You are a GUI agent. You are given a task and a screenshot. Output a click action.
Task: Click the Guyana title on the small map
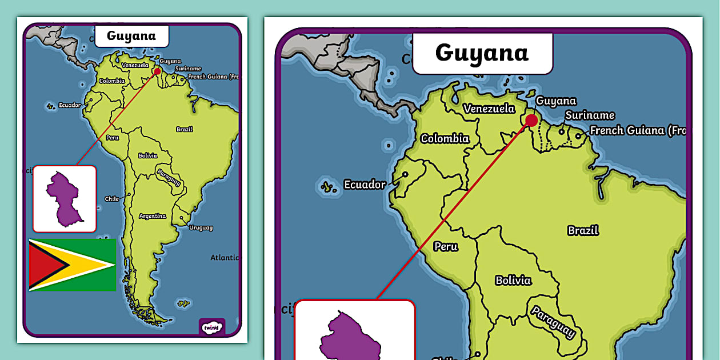pyautogui.click(x=131, y=36)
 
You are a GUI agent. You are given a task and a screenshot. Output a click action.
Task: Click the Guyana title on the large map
pyautogui.click(x=482, y=53)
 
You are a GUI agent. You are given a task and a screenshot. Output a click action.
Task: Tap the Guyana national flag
pyautogui.click(x=73, y=265)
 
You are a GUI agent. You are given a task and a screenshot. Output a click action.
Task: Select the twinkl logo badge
pyautogui.click(x=211, y=327)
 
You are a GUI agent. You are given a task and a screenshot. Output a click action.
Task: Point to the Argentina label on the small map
pyautogui.click(x=153, y=216)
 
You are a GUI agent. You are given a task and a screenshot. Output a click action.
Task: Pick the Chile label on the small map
pyautogui.click(x=112, y=199)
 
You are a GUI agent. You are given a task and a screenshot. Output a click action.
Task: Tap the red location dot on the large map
pyautogui.click(x=531, y=121)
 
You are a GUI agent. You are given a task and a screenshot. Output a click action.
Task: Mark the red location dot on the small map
pyautogui.click(x=158, y=72)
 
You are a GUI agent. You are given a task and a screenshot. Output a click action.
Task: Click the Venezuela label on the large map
pyautogui.click(x=489, y=108)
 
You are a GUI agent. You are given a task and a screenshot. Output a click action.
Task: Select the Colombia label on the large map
pyautogui.click(x=445, y=138)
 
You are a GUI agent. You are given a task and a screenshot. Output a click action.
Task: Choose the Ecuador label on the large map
pyautogui.click(x=365, y=185)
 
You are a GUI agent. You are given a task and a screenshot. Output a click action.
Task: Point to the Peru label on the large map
pyautogui.click(x=446, y=247)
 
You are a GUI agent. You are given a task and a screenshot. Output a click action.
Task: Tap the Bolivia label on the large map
pyautogui.click(x=513, y=280)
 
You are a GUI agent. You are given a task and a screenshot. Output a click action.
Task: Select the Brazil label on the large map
pyautogui.click(x=583, y=230)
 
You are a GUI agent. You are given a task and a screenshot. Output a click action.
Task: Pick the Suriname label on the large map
pyautogui.click(x=590, y=115)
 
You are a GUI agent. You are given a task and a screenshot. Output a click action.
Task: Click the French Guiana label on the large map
pyautogui.click(x=637, y=130)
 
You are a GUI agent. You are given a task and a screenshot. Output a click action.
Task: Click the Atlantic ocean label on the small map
pyautogui.click(x=225, y=258)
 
